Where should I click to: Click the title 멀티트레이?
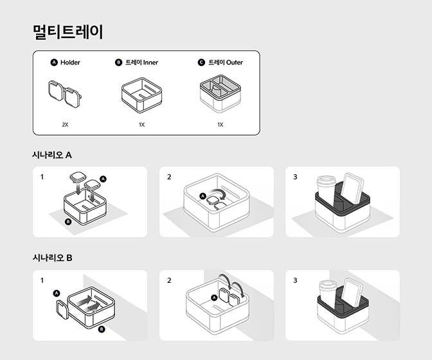tap(67, 32)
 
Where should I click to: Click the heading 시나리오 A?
tap(52, 155)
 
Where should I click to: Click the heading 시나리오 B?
tap(52, 258)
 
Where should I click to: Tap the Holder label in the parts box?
tap(70, 62)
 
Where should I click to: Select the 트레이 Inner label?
tap(141, 62)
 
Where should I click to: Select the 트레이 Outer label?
tap(225, 62)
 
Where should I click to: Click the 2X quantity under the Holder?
tap(65, 124)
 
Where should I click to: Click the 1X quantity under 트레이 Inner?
tap(141, 124)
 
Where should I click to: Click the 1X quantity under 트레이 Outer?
tap(220, 124)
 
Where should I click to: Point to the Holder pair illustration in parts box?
tap(65, 94)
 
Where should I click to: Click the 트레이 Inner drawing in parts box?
tap(142, 95)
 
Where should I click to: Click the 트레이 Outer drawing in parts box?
tap(221, 95)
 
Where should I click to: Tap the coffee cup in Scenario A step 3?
tap(327, 190)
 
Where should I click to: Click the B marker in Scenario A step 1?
tap(68, 222)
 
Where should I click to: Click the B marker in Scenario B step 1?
tap(101, 328)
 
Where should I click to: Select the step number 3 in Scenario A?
tap(295, 177)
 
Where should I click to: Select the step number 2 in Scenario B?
tap(169, 280)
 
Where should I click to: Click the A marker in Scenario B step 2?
tap(214, 298)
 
